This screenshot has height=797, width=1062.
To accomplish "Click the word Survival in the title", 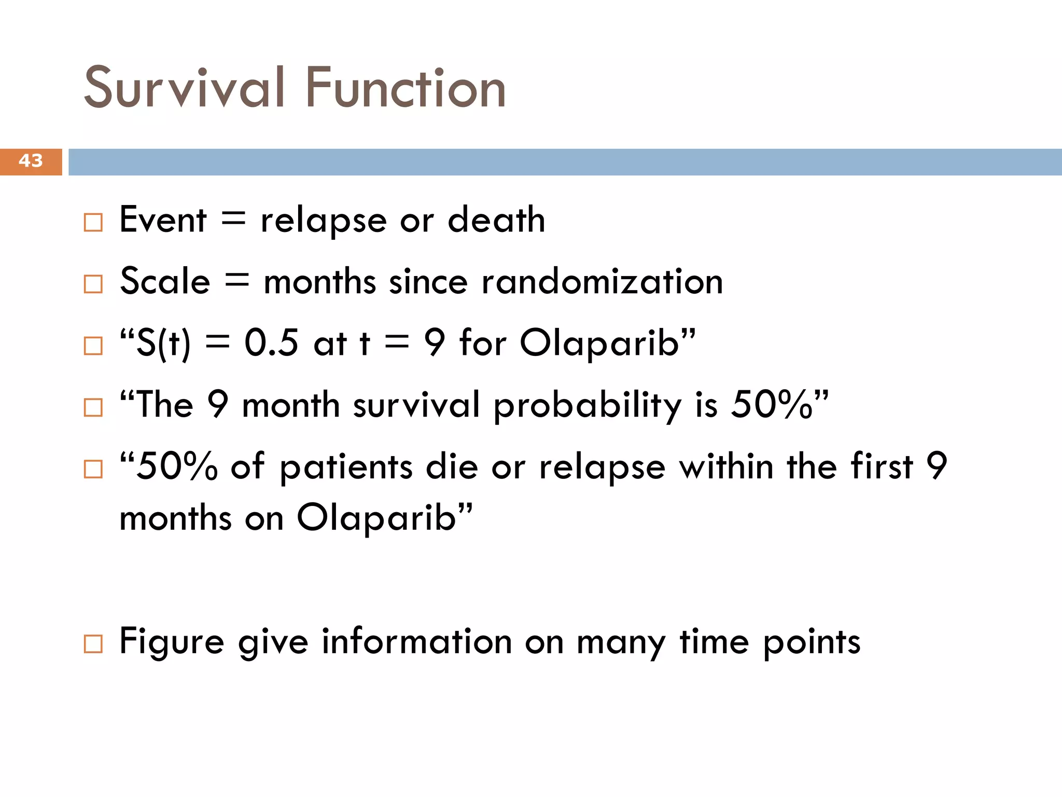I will [184, 88].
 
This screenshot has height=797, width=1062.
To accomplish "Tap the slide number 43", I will [30, 161].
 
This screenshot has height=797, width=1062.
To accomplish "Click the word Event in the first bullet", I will [163, 220].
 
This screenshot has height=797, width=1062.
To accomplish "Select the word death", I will [496, 220].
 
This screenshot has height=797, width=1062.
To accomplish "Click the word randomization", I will [602, 282].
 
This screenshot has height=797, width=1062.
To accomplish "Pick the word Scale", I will [165, 282].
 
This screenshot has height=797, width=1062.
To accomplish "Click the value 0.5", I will [271, 343].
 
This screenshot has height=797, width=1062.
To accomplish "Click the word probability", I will [587, 406].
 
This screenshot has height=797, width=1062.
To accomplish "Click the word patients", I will [346, 466].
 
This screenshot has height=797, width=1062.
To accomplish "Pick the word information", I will [417, 642].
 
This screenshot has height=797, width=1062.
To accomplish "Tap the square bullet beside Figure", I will [93, 644].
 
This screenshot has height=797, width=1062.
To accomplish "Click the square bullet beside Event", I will [93, 223].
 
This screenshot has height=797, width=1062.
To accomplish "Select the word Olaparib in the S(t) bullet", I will [600, 344].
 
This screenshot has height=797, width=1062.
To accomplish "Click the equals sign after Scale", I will [237, 282].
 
